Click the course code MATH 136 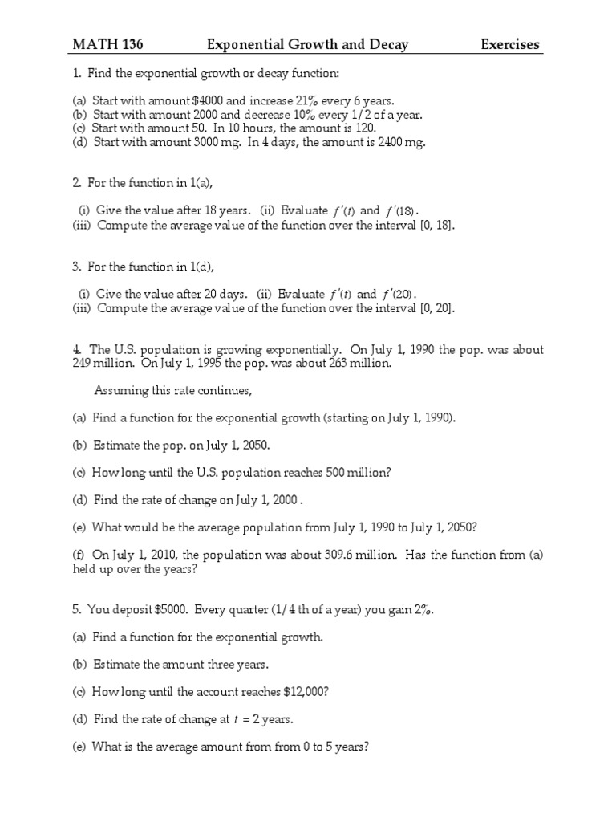108,44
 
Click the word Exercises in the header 510,44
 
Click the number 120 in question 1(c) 342,128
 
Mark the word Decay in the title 387,44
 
